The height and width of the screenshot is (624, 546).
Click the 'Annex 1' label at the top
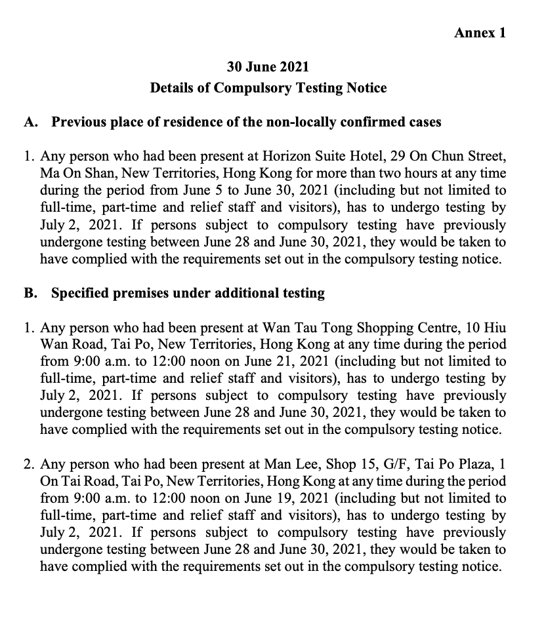click(480, 33)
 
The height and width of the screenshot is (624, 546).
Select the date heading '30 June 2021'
click(268, 67)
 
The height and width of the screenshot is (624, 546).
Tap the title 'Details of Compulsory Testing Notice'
click(268, 87)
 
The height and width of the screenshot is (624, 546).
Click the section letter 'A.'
click(31, 122)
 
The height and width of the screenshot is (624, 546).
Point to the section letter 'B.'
click(31, 293)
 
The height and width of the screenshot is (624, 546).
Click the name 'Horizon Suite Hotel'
click(318, 157)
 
